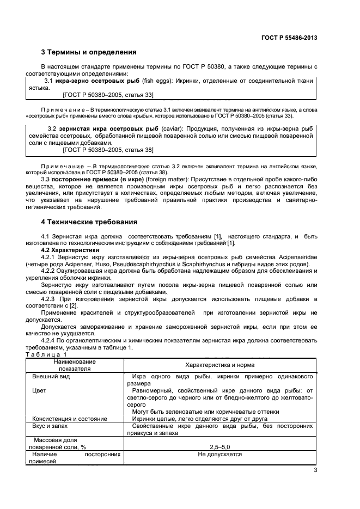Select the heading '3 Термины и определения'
click(89, 52)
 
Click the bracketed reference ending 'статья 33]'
click(108, 95)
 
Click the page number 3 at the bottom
click(315, 470)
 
